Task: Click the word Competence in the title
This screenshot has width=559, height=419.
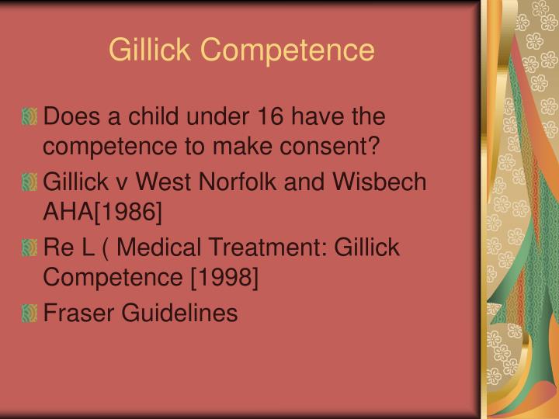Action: (287, 50)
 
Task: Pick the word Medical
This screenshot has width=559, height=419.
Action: (161, 248)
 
